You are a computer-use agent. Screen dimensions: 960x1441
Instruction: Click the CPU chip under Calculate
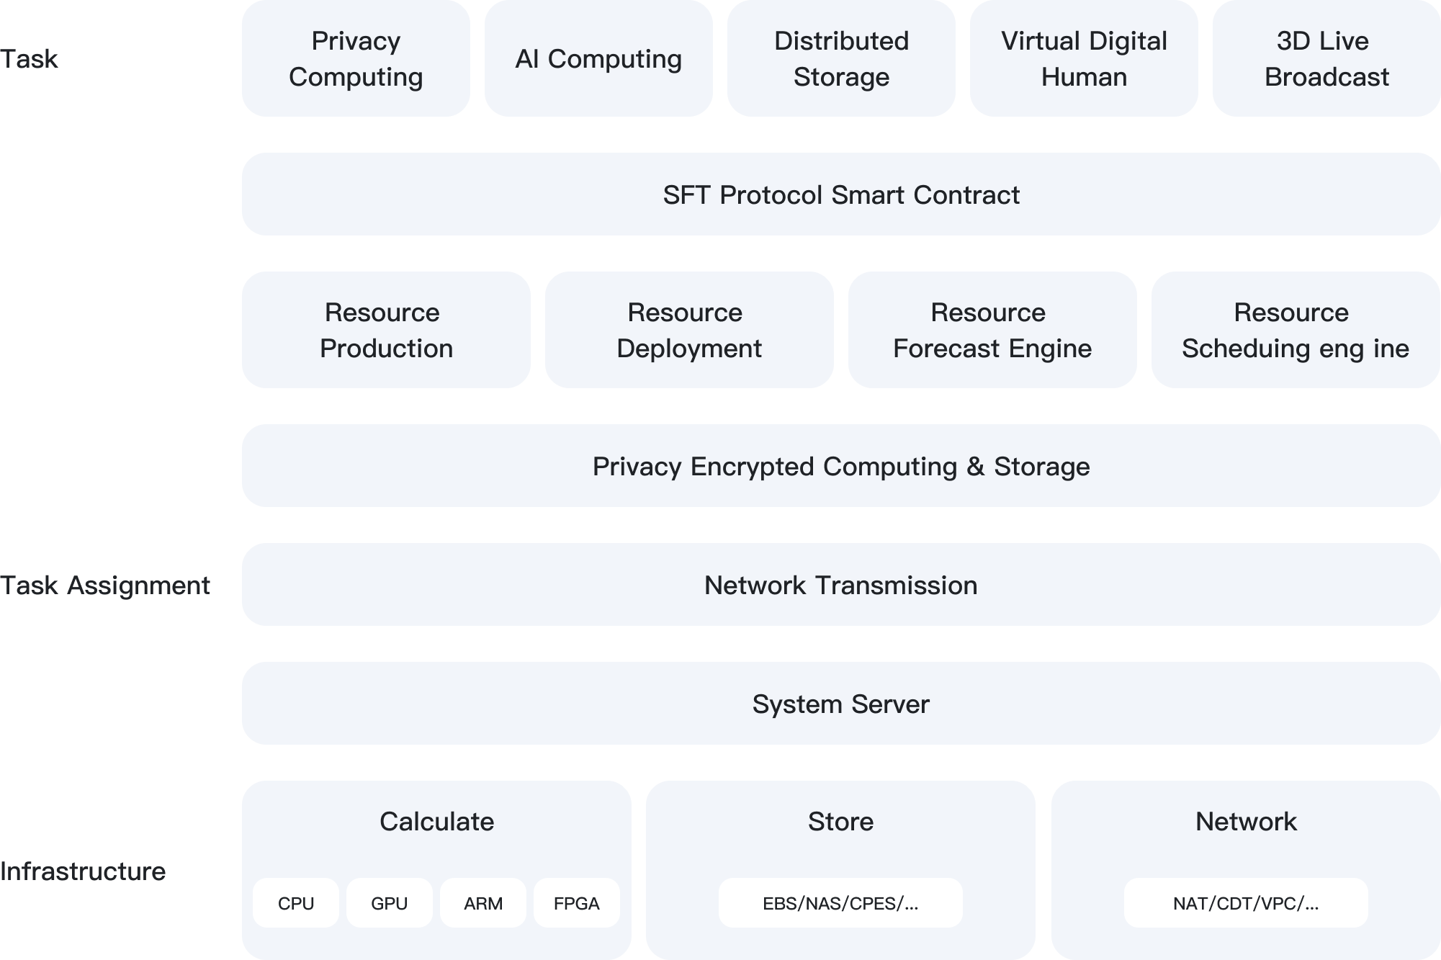(296, 903)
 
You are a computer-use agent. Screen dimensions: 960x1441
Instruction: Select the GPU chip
(390, 903)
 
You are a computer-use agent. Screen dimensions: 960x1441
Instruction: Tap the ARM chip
(483, 903)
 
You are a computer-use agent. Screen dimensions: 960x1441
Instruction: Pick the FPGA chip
(576, 903)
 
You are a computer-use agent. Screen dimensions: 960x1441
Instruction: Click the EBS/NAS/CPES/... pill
(840, 903)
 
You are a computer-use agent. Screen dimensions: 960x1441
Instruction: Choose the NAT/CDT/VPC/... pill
(1246, 903)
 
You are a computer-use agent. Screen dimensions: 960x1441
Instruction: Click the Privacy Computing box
(356, 58)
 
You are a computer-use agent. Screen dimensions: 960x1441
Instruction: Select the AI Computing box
(598, 58)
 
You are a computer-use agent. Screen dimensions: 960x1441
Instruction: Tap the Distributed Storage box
(841, 58)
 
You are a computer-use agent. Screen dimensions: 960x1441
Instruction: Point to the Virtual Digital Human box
(1084, 58)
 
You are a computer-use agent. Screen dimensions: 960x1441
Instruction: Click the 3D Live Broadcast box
(1326, 58)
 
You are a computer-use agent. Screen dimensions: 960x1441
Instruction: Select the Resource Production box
(386, 330)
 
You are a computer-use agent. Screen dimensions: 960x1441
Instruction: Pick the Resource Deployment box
(689, 330)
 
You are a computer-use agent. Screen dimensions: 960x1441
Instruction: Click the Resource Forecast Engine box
(992, 330)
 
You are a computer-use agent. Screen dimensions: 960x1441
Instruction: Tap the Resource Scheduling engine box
(1296, 330)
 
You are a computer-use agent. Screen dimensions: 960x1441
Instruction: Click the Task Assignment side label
(105, 586)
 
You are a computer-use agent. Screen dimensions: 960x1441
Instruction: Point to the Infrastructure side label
(83, 871)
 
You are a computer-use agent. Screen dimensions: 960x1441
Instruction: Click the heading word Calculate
(436, 822)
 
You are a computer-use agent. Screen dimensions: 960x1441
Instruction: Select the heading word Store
(840, 822)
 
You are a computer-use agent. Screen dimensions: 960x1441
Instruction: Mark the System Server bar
(840, 704)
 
